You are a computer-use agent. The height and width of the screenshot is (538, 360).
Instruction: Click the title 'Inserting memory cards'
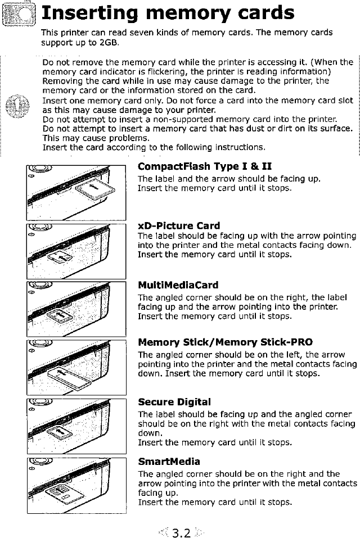click(168, 13)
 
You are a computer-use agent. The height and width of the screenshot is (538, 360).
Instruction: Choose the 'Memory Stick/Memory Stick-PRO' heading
click(225, 342)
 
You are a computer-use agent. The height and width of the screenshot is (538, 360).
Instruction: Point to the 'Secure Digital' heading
click(174, 402)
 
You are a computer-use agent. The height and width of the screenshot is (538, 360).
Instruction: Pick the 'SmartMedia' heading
click(169, 462)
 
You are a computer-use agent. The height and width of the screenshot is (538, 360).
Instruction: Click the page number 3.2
click(179, 530)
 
